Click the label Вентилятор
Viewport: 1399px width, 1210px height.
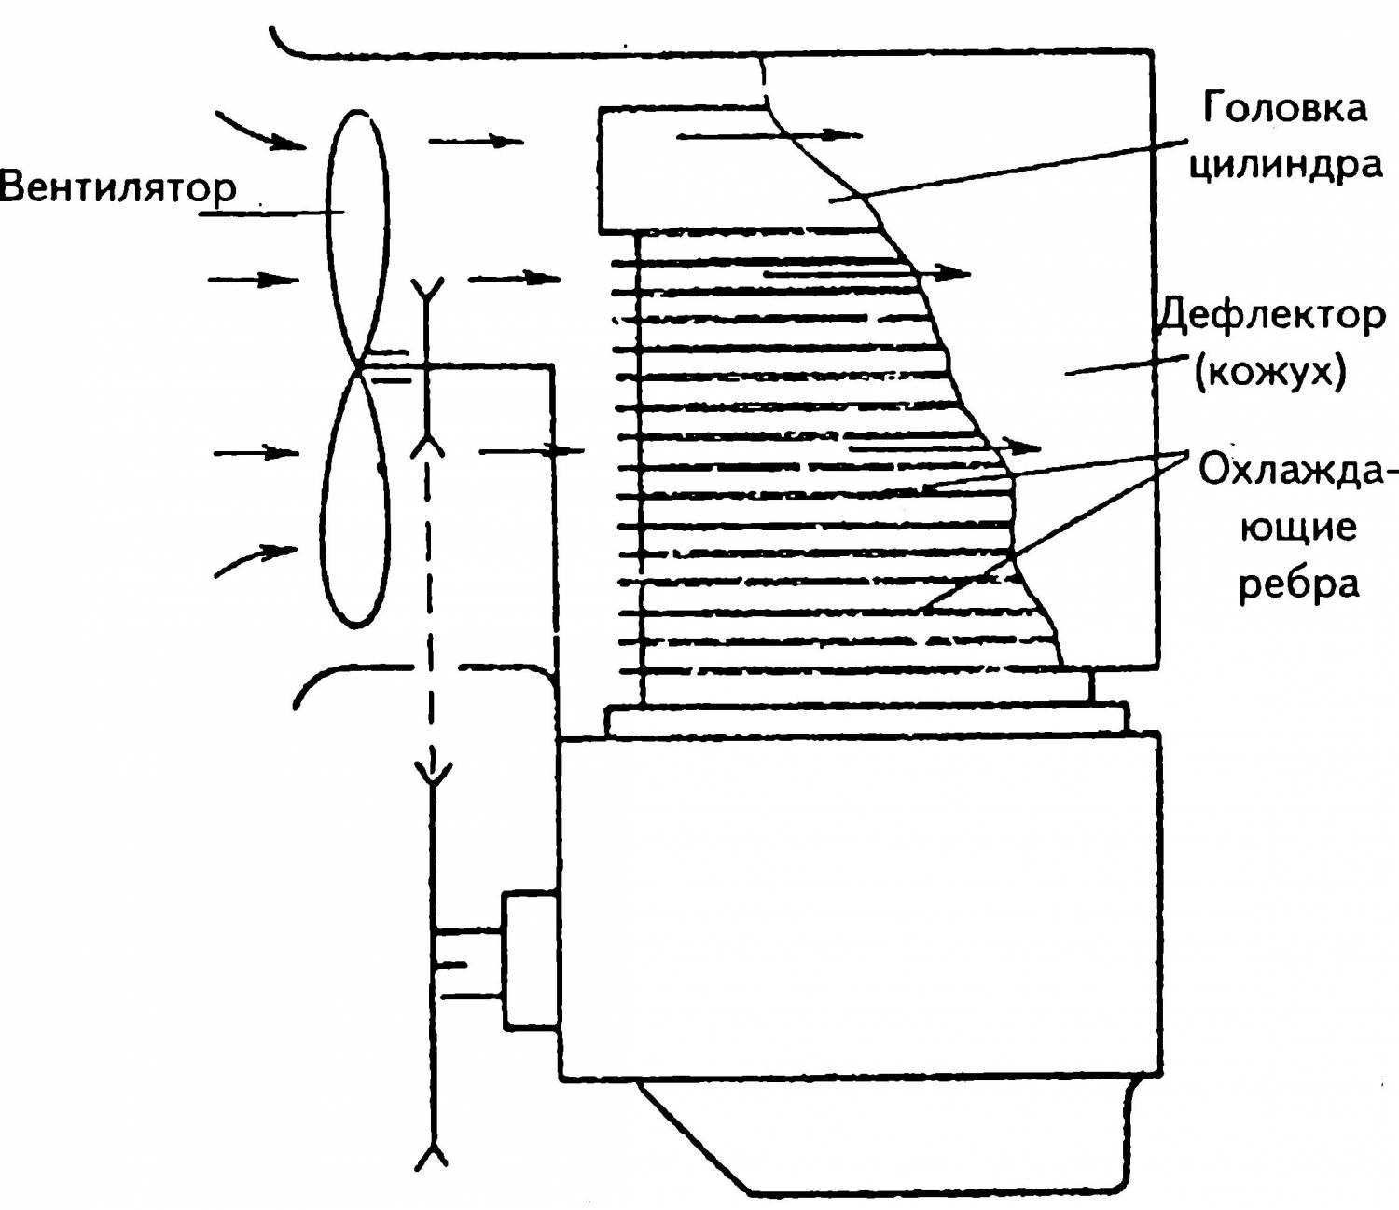(118, 188)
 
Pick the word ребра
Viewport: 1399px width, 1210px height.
(1298, 584)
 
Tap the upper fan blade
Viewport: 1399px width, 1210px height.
(358, 237)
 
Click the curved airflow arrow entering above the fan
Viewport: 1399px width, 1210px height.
(260, 131)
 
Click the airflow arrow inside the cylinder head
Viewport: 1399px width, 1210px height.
(769, 136)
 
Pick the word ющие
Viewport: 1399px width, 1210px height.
(1298, 528)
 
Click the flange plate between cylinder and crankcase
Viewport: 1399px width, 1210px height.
(867, 720)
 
